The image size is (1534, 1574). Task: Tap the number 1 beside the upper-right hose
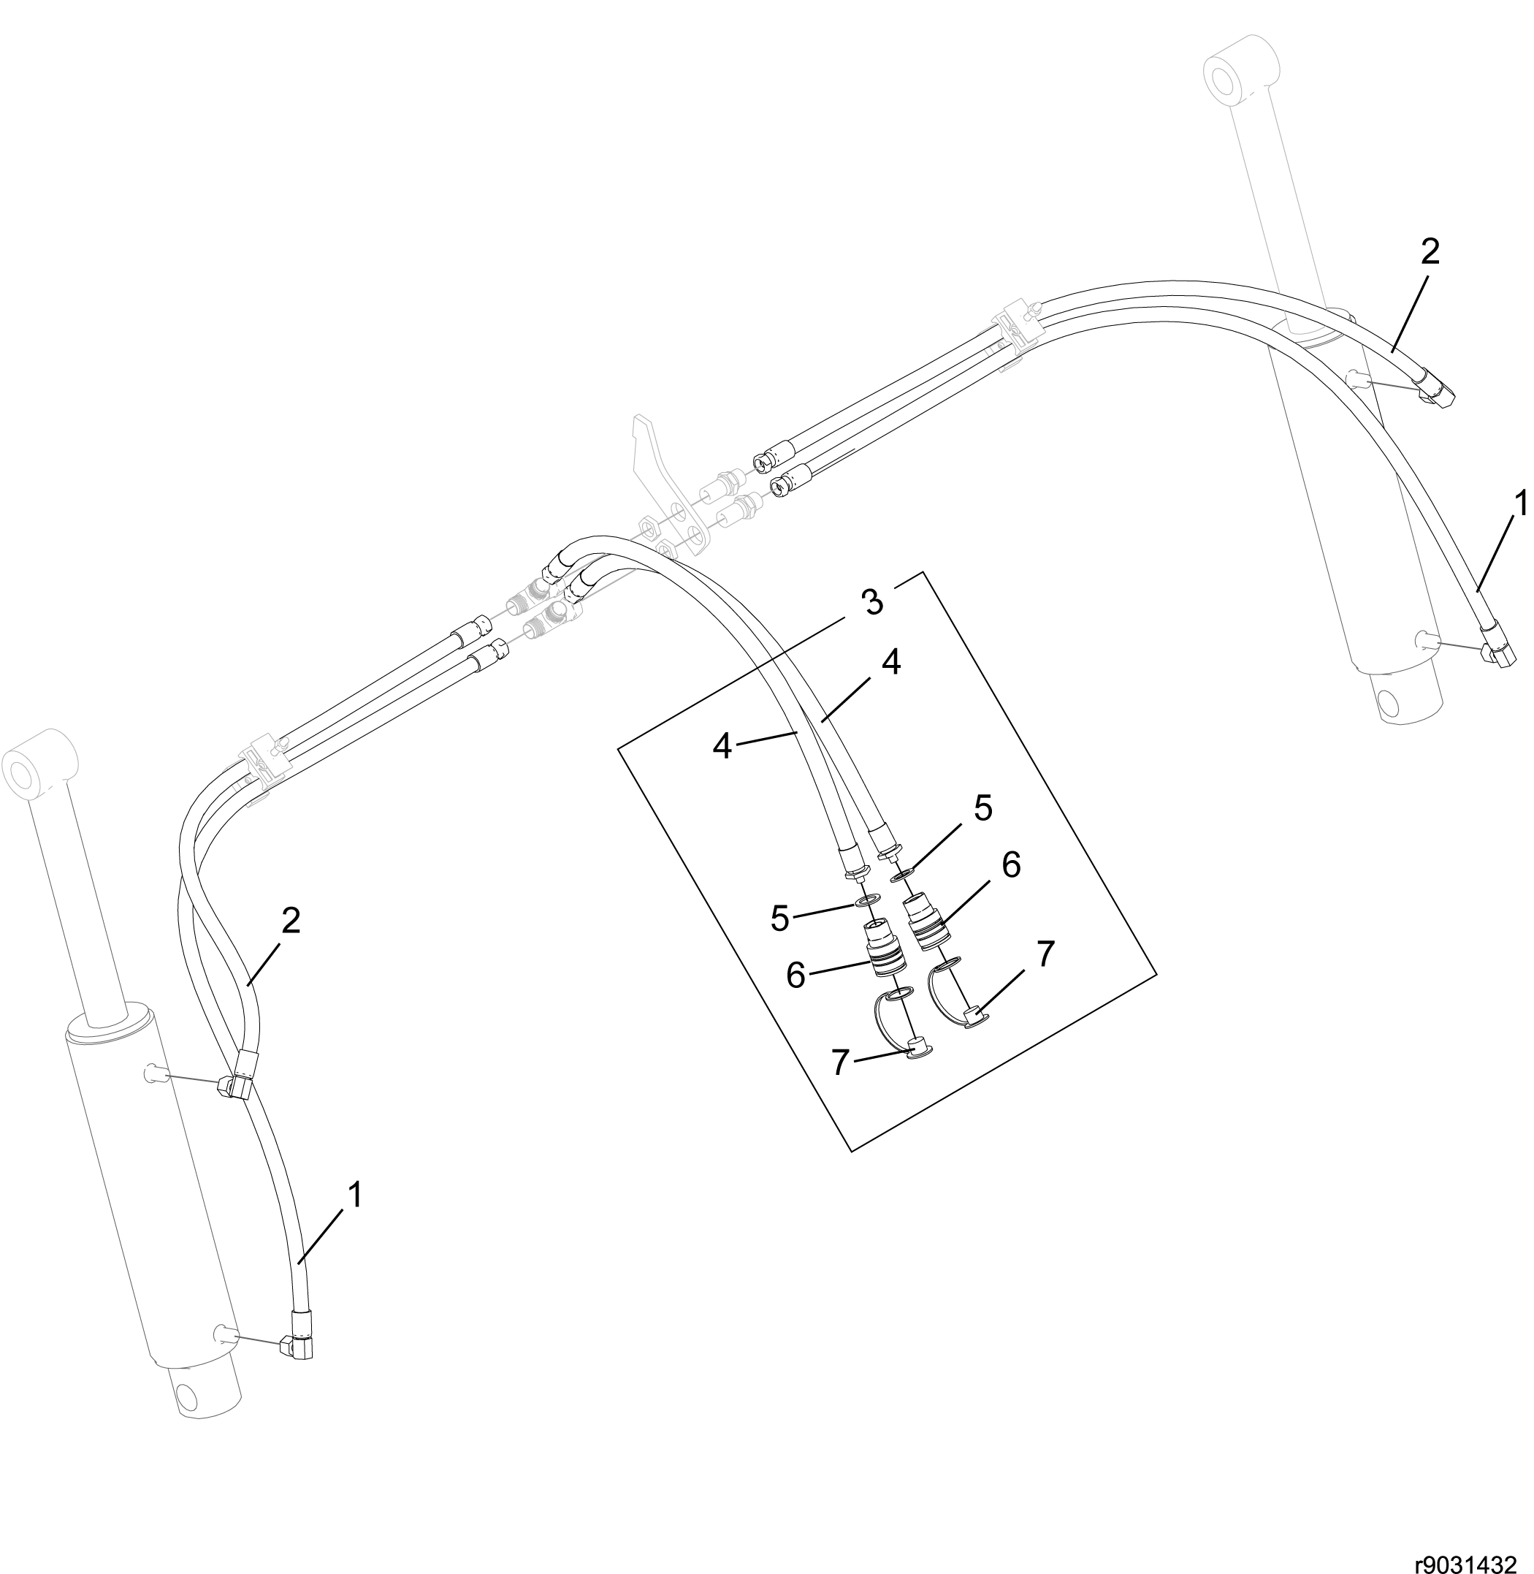(1519, 503)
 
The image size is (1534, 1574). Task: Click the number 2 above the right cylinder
(1430, 252)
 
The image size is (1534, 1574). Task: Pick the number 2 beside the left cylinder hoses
(290, 919)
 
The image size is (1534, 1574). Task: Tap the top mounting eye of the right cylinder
(1240, 71)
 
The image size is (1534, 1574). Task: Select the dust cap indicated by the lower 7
(917, 1049)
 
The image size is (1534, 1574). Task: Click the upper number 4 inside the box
(890, 663)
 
